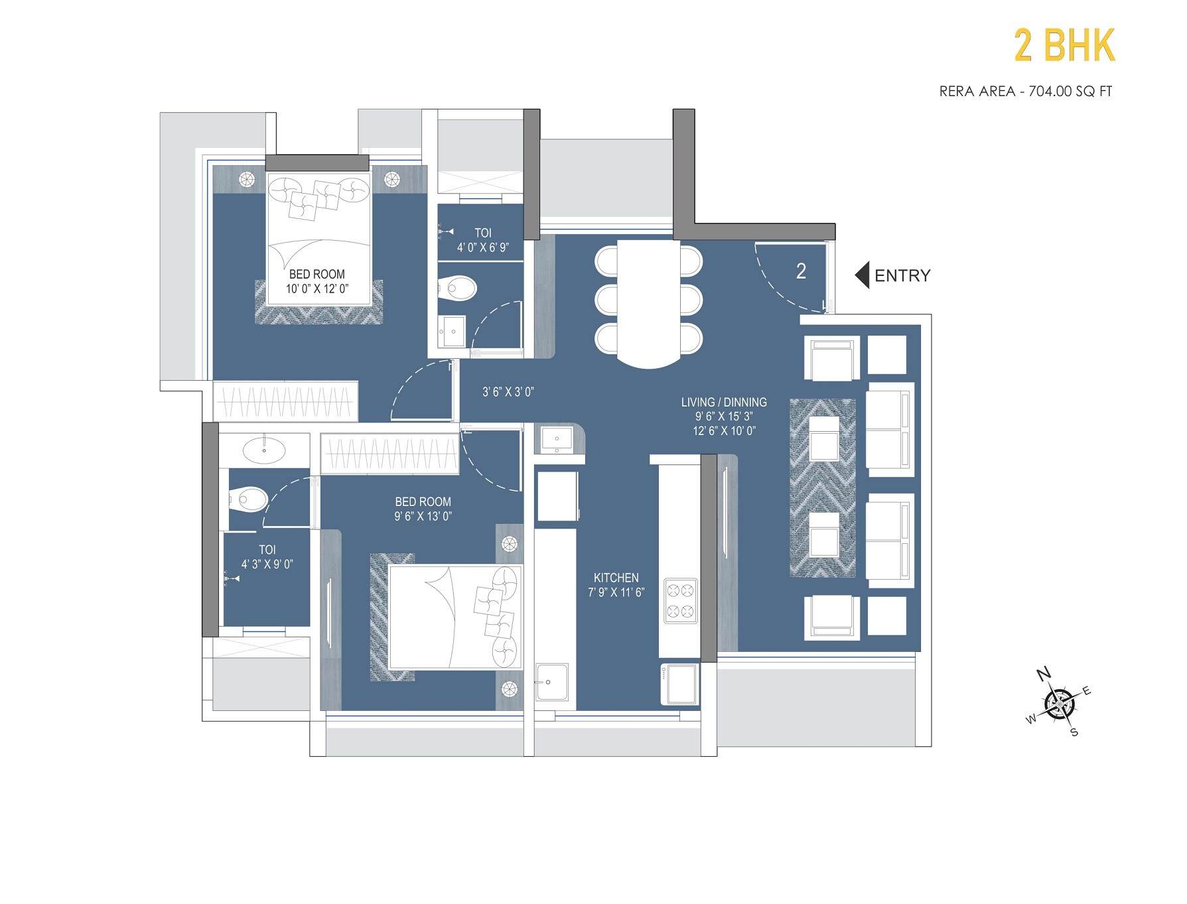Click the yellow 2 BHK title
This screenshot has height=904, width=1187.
1064,46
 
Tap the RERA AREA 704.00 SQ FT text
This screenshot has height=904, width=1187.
1025,92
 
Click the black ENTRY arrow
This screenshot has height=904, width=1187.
862,275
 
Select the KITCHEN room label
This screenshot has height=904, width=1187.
616,578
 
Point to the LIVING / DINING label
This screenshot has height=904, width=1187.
723,402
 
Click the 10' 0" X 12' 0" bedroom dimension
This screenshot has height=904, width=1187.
317,289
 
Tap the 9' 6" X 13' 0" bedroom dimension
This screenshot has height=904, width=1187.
423,516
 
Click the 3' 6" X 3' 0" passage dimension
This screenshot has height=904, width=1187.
508,392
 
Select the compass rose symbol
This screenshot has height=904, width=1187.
1059,703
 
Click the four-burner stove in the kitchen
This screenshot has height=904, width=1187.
680,601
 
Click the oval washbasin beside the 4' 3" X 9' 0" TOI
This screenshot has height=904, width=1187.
264,450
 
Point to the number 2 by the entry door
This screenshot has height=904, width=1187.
801,271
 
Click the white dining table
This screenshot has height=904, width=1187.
648,302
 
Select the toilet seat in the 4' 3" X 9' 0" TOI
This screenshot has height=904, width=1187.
249,499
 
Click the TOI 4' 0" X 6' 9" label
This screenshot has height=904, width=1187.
482,240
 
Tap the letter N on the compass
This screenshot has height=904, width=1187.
1044,675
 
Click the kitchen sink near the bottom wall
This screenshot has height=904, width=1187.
551,682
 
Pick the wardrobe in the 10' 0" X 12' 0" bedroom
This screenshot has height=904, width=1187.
285,401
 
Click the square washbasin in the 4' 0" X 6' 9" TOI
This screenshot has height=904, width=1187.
453,330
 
